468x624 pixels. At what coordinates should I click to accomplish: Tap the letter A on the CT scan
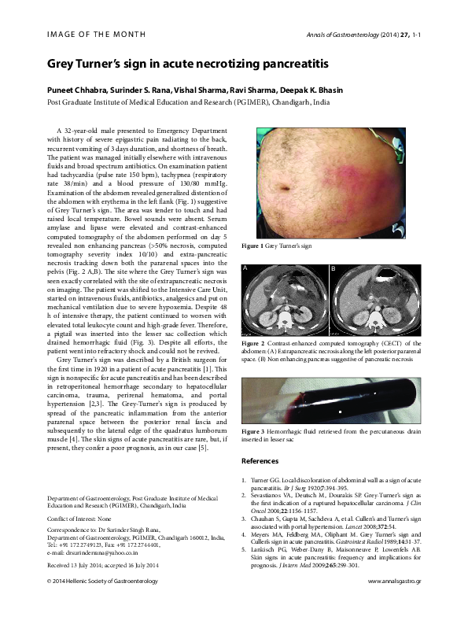[245, 268]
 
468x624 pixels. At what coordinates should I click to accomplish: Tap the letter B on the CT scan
[333, 268]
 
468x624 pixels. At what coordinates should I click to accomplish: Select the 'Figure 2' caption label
[253, 344]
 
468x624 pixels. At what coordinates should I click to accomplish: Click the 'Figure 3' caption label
[253, 433]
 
